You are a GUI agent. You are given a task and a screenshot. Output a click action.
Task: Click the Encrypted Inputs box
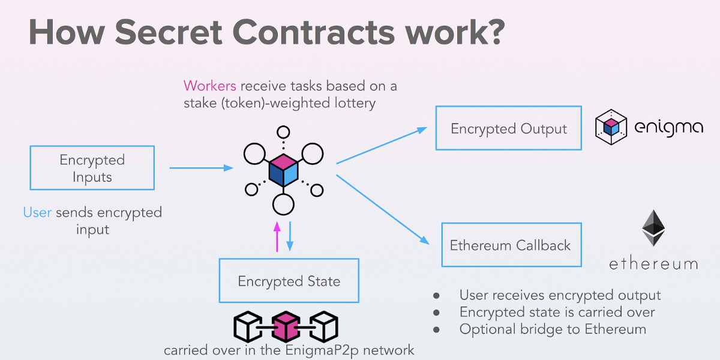point(92,168)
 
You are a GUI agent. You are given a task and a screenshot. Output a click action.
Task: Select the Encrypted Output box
point(508,128)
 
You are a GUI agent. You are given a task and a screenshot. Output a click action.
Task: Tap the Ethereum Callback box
point(511,245)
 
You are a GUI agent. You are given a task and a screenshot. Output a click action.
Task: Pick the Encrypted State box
point(289,281)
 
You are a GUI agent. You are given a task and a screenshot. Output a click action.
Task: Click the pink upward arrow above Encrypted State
point(277,236)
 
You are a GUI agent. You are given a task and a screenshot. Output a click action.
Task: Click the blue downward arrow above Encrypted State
point(290,236)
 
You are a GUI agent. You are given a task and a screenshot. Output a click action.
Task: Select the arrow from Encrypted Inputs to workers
point(201,168)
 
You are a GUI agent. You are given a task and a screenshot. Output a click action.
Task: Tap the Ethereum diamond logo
point(653,228)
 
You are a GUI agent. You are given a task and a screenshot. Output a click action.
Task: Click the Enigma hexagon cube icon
point(611,127)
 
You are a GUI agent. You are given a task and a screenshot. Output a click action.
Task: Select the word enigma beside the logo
point(668,128)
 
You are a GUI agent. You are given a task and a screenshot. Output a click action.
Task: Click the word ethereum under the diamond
point(653,264)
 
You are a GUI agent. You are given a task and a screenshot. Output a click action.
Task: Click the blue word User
point(37,212)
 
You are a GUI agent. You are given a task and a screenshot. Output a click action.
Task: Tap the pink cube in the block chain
point(286,326)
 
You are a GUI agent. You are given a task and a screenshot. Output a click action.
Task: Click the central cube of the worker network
point(283,169)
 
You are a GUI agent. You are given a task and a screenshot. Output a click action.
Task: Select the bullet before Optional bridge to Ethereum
point(436,329)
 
